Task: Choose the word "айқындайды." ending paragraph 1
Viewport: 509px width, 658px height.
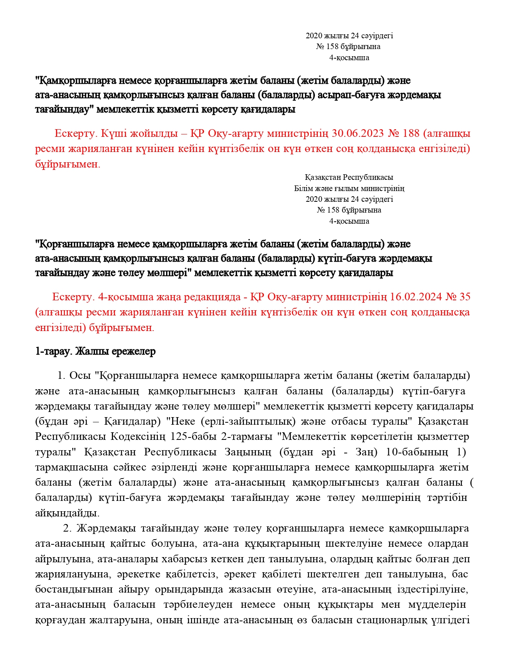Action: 67,513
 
